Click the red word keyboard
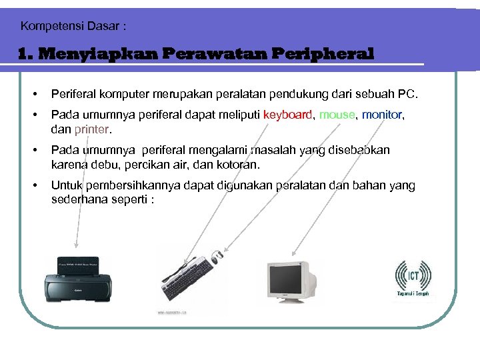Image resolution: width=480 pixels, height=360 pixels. pos(287,115)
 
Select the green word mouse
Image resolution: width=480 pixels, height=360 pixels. pos(337,115)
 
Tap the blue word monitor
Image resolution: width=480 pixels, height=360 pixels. pos(383,115)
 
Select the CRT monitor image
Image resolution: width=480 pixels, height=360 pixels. pos(291,280)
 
